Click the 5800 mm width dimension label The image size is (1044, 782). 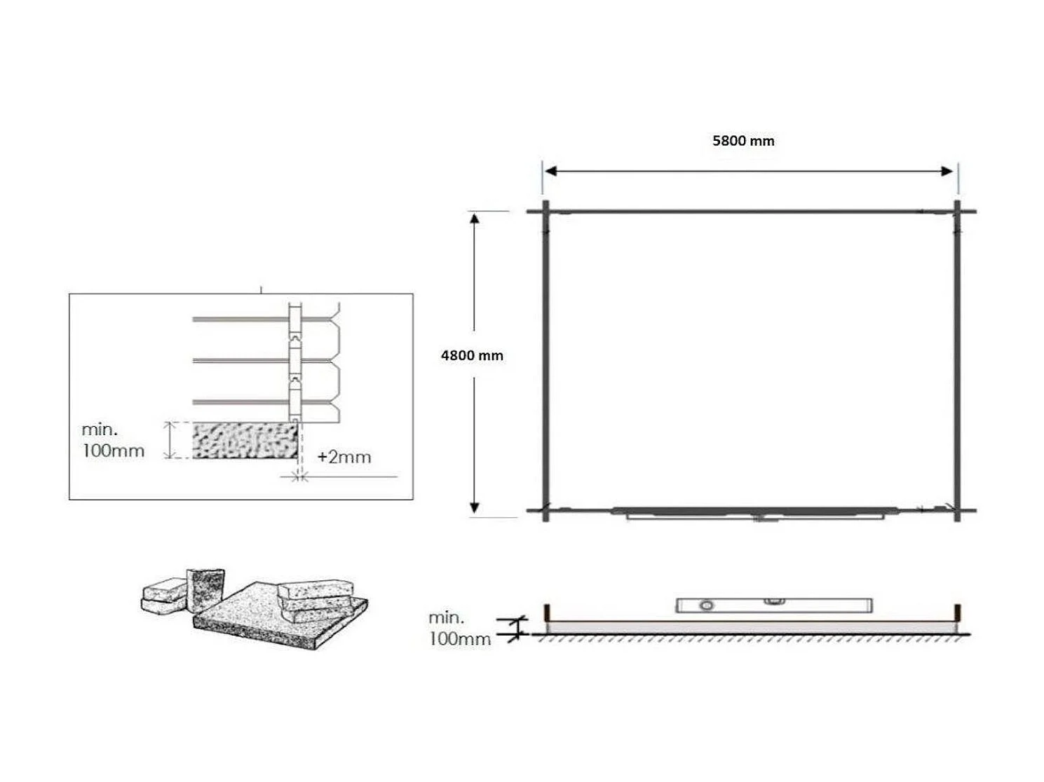point(743,141)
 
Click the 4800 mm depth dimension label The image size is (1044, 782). point(472,355)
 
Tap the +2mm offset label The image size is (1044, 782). point(344,457)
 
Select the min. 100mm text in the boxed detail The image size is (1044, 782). point(113,440)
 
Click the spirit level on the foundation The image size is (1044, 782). point(773,605)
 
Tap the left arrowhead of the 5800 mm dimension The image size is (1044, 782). point(551,171)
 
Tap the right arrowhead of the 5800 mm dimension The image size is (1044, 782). point(947,171)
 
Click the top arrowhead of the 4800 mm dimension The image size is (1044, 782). point(475,219)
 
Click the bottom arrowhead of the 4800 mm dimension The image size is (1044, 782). point(475,507)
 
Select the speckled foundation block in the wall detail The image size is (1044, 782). point(245,440)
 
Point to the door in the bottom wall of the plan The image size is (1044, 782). point(754,513)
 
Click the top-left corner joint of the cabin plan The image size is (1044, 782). point(545,210)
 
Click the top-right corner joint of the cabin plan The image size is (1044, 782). point(957,210)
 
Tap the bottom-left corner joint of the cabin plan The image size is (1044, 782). point(545,511)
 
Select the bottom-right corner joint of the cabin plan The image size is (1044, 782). point(957,511)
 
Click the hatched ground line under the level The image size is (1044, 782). point(750,638)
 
